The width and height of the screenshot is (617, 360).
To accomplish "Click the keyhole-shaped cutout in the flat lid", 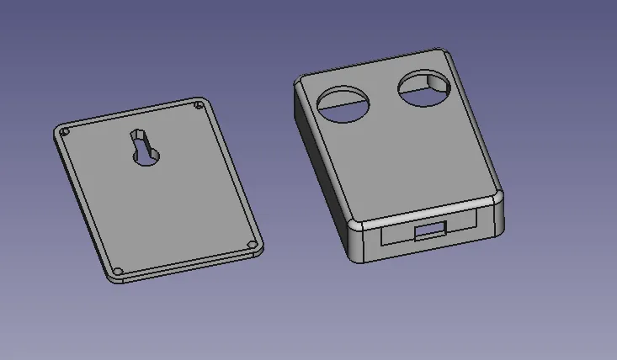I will click(x=146, y=148).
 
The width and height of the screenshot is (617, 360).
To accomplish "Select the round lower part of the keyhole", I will click(x=147, y=155).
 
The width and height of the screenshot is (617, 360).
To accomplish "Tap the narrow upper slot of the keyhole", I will click(x=137, y=136).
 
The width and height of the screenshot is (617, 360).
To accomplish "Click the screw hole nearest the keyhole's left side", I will click(x=65, y=132).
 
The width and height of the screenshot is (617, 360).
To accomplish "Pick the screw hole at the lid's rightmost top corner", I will click(x=198, y=106).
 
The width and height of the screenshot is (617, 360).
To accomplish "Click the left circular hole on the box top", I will click(x=344, y=104).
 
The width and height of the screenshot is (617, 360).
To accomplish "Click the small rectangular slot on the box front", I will click(x=431, y=230).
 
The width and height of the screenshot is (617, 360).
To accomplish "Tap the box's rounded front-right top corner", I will click(x=498, y=197).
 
